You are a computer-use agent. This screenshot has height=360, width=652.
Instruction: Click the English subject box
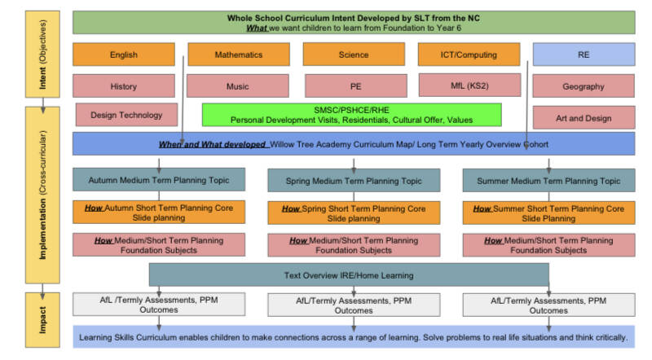124,55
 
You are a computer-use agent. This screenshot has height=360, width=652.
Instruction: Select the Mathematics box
239,55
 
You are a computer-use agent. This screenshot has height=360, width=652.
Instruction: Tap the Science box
354,55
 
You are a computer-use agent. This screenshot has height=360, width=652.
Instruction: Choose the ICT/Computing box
469,55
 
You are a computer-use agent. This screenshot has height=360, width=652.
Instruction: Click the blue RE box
584,55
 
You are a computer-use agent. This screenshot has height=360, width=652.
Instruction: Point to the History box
124,86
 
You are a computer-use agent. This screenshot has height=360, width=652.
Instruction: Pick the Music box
238,86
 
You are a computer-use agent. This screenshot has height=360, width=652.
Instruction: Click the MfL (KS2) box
469,85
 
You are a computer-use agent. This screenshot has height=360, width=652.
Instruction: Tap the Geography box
584,86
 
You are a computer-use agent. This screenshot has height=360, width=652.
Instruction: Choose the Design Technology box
126,115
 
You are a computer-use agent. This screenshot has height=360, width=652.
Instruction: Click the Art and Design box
584,117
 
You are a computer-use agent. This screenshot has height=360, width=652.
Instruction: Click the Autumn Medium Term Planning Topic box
158,180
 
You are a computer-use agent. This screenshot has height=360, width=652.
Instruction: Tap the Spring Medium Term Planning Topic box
354,180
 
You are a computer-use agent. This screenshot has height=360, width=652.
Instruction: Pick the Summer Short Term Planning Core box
548,213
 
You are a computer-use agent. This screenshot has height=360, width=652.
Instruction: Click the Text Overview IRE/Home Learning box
349,275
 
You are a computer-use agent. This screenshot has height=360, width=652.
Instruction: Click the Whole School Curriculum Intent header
354,21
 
